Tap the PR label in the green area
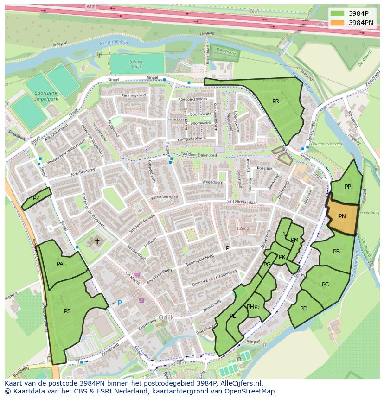[x=275, y=101]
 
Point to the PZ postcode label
[x=36, y=198]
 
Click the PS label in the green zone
[x=67, y=311]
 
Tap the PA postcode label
[x=60, y=264]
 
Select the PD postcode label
[x=304, y=309]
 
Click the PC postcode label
[x=325, y=285]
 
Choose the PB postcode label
[x=336, y=252]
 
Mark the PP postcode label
[x=347, y=187]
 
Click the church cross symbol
[x=97, y=241]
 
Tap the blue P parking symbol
[x=119, y=303]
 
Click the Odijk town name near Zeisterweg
[x=166, y=317]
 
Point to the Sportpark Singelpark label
[x=46, y=95]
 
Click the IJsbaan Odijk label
[x=136, y=64]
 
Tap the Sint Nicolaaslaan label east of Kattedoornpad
[x=242, y=202]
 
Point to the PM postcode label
[x=294, y=240]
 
